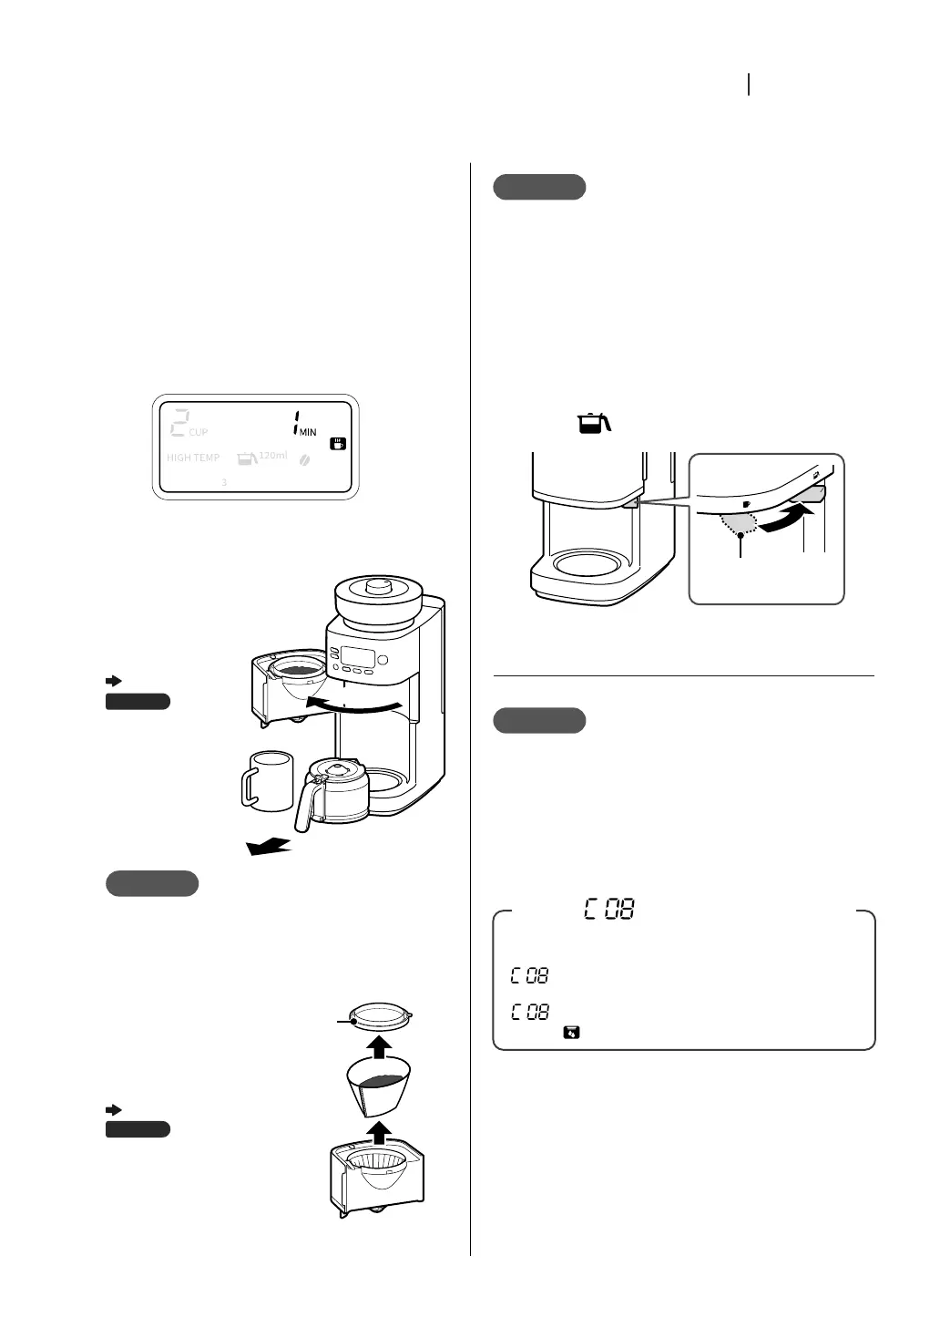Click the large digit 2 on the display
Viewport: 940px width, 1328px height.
[179, 423]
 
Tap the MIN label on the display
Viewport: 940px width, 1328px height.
[307, 432]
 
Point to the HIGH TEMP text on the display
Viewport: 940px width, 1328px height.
[193, 458]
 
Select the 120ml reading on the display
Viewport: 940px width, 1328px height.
[272, 455]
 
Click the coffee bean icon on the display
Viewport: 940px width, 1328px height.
[305, 459]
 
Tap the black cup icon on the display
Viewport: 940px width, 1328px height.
[338, 443]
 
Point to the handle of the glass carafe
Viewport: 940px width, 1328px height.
[304, 803]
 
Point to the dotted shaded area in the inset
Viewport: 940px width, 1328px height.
[740, 522]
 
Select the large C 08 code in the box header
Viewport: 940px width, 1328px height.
[609, 909]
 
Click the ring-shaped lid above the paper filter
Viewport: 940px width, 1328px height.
[383, 1013]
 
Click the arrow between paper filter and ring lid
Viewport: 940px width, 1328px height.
[383, 1045]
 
